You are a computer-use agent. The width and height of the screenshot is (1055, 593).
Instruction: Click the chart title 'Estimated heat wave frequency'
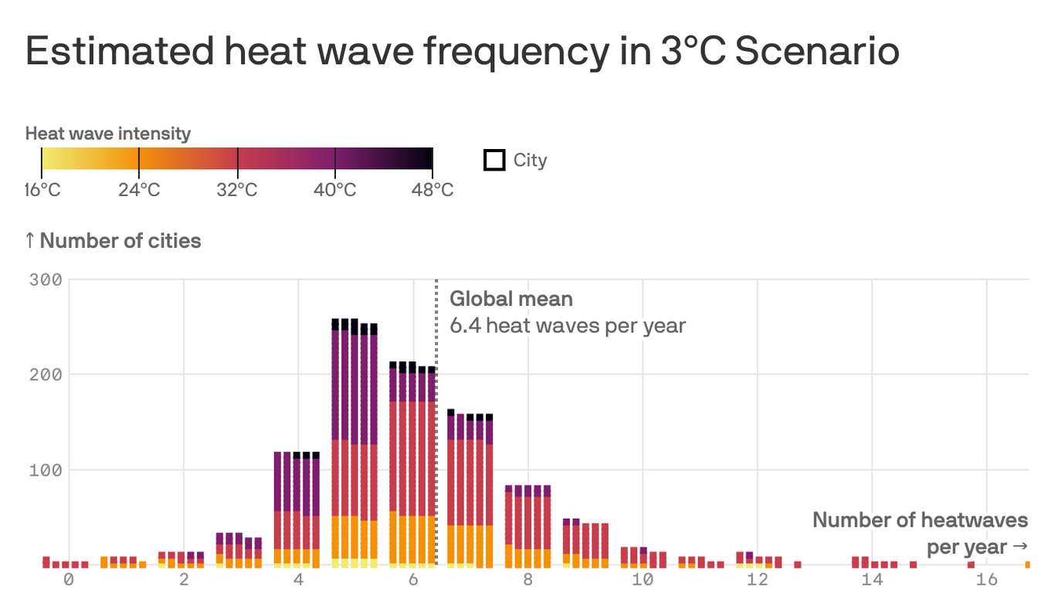(x=462, y=51)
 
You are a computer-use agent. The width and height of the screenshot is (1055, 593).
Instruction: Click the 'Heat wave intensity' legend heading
(x=107, y=134)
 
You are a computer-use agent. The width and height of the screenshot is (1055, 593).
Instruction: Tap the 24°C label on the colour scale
(x=139, y=189)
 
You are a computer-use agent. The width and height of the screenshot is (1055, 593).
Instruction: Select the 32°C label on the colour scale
(x=236, y=189)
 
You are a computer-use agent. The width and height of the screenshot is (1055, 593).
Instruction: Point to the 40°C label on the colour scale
(x=334, y=189)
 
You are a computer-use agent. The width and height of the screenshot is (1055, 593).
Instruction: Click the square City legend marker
(x=494, y=160)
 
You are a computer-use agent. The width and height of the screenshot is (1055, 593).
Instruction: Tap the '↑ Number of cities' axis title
(x=113, y=241)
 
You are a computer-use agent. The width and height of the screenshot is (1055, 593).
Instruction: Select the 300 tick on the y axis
(x=45, y=279)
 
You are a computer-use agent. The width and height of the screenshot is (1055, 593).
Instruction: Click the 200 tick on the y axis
(x=45, y=374)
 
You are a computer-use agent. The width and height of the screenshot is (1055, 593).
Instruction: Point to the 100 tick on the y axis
(x=45, y=469)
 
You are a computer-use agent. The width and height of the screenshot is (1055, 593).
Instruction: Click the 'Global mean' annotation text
(x=511, y=299)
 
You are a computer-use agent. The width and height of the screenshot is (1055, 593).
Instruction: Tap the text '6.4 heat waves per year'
(x=568, y=325)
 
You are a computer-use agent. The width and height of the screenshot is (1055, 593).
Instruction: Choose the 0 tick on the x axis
(x=69, y=580)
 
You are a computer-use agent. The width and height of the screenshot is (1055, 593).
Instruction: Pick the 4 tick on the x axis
(x=298, y=580)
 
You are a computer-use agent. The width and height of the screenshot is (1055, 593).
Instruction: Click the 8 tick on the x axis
(x=527, y=580)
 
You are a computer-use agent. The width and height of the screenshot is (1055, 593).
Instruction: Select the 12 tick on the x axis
(x=757, y=580)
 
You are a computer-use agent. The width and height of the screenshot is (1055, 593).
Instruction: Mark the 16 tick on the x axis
(x=986, y=580)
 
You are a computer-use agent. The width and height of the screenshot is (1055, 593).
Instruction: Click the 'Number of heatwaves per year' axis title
(x=920, y=533)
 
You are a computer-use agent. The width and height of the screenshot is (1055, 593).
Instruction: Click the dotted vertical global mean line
(x=436, y=425)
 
